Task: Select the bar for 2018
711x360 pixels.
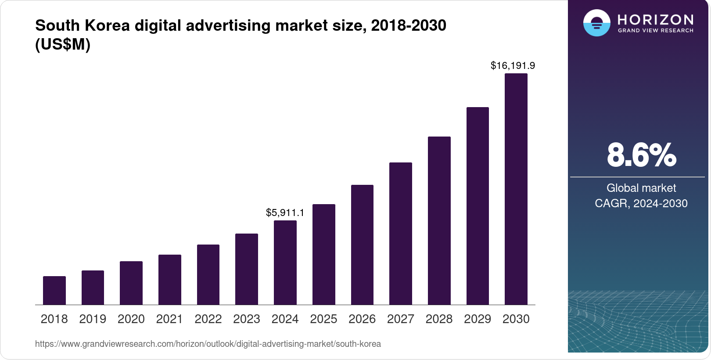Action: coord(54,290)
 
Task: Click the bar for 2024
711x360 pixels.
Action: coord(285,263)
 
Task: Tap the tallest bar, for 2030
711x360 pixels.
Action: coord(516,189)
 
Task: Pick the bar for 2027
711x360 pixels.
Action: coord(401,234)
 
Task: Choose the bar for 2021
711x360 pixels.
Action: coord(170,280)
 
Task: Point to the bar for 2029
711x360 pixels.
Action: coord(478,206)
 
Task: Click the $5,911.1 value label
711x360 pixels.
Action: coord(285,213)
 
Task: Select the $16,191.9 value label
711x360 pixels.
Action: coord(513,66)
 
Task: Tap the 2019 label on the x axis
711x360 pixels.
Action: coord(93,319)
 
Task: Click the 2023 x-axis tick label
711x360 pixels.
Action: coord(247,319)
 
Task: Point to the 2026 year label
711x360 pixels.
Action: coord(362,319)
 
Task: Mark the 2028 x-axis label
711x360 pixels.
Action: coord(439,319)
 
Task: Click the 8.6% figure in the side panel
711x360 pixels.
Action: coord(641,155)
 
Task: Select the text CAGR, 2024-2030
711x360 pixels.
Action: coord(641,203)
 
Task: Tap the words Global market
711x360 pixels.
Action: coord(641,188)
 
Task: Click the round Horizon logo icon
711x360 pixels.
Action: coord(596,23)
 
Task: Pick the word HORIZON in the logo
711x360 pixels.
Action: coord(655,19)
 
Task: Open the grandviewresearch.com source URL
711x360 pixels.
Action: coord(208,344)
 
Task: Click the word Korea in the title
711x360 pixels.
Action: coord(107,25)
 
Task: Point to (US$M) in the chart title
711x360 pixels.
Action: coord(63,44)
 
